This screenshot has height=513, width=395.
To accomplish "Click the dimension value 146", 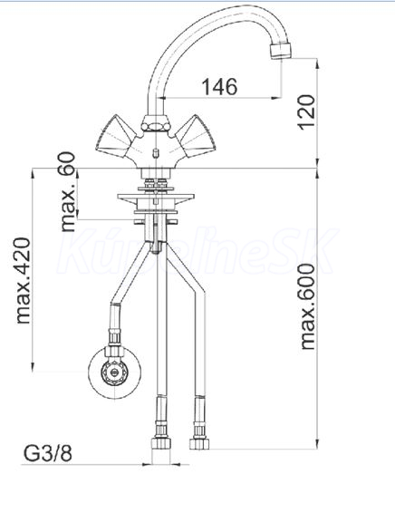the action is click(219, 87).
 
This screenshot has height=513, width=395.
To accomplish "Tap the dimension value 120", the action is click(307, 111).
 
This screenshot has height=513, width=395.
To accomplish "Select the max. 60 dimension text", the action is click(67, 192).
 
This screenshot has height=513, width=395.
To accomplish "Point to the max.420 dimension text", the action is click(23, 280).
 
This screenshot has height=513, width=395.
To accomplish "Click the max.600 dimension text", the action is click(307, 307).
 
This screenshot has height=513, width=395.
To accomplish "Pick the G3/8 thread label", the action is click(48, 453).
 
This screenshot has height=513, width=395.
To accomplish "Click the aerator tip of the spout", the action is click(280, 52).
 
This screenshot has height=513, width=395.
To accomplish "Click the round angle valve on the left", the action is click(114, 373).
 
